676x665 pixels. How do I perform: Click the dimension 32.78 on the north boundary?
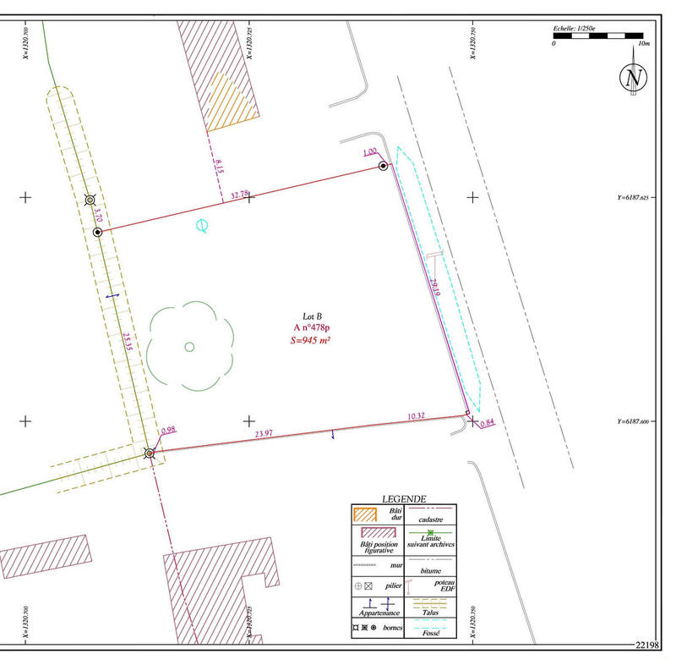tap(240, 195)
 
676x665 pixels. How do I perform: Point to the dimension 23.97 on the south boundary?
tap(264, 433)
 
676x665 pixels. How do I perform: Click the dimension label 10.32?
tap(417, 416)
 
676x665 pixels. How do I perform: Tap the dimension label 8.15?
tap(219, 165)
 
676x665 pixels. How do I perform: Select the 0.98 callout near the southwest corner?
tap(167, 431)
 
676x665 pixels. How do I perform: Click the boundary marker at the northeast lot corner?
tap(384, 167)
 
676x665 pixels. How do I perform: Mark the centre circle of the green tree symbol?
tap(189, 345)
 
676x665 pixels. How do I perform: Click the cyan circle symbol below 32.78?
tap(202, 225)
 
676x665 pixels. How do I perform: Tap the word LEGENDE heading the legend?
tap(404, 499)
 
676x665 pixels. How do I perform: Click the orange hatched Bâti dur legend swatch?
tap(365, 514)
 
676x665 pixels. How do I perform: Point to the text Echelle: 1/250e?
tap(574, 28)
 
